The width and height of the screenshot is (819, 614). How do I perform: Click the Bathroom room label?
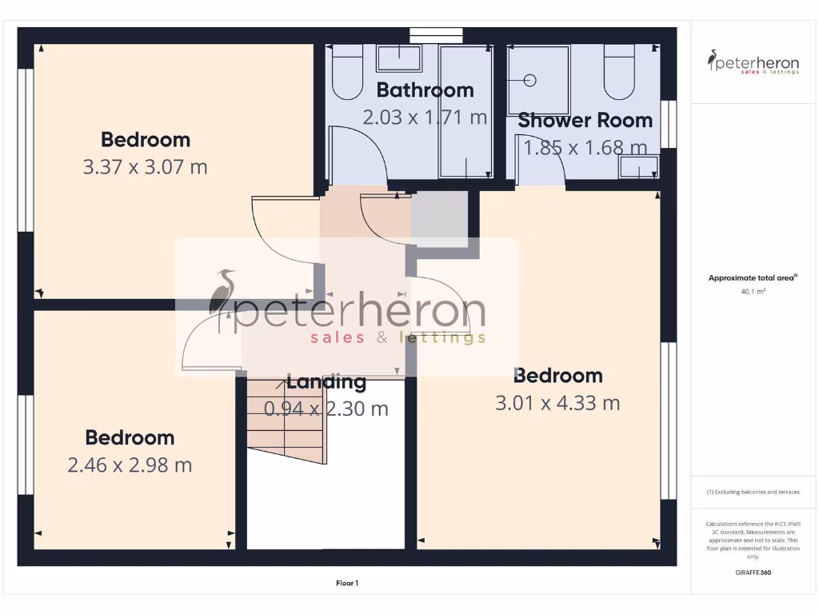click(x=425, y=90)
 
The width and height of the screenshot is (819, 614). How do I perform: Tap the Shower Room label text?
click(x=585, y=121)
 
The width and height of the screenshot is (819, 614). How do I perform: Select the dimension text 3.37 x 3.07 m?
click(x=146, y=167)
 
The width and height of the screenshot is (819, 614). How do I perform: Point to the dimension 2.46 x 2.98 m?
click(x=130, y=465)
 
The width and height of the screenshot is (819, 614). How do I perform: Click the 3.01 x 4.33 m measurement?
click(x=557, y=403)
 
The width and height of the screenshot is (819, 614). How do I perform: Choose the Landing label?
click(x=326, y=382)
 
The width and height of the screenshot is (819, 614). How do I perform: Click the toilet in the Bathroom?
click(x=347, y=74)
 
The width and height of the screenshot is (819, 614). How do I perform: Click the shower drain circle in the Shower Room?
click(x=529, y=80)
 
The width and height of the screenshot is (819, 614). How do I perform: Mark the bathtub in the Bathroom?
click(x=465, y=112)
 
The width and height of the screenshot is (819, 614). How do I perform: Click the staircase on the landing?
click(x=286, y=422)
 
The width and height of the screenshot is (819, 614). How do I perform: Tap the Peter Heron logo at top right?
click(x=753, y=62)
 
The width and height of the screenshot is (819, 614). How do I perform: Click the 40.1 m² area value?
click(x=753, y=292)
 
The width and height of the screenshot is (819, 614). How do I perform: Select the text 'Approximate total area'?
click(x=751, y=278)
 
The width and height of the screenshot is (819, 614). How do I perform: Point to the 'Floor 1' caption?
click(x=346, y=584)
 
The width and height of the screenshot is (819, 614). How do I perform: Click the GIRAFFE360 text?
click(x=753, y=572)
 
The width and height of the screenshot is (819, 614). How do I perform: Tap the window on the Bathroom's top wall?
click(x=436, y=34)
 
